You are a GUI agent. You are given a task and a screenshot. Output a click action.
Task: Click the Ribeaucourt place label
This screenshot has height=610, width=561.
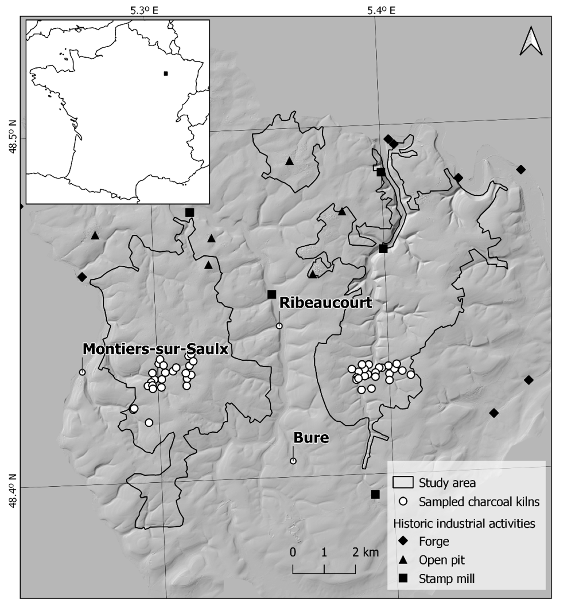tap(326, 303)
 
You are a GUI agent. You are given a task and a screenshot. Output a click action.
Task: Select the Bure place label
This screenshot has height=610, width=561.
tap(311, 438)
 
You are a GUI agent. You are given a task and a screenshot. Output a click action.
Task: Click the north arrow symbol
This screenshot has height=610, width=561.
tap(531, 41)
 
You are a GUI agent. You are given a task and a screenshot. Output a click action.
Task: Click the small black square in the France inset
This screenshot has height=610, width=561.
tap(165, 73)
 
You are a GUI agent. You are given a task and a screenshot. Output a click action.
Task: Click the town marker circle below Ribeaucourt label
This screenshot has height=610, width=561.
tap(279, 326)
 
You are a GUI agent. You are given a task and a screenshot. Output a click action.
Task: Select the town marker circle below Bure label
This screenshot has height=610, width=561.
tap(293, 461)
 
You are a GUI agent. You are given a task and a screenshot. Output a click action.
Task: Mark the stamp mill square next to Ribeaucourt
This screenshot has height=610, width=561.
tap(272, 294)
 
